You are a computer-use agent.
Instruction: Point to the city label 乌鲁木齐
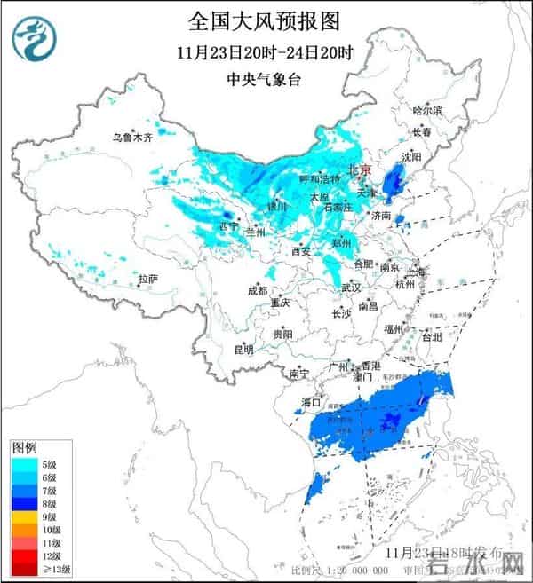(x=131, y=138)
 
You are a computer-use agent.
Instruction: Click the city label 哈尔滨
(x=426, y=111)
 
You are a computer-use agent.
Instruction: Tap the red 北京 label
(x=360, y=169)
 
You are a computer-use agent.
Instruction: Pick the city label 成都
(x=257, y=289)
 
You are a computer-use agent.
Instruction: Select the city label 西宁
(x=228, y=227)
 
